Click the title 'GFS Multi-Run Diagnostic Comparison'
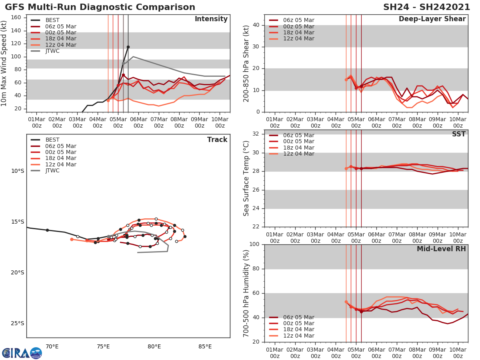pos(100,7)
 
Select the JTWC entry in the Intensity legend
pos(52,51)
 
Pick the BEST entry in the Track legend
pos(52,140)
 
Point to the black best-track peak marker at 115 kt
pos(128,47)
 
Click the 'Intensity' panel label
pos(211,19)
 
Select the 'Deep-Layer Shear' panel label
pos(432,19)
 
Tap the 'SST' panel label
pos(458,134)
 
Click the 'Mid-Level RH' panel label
pos(441,249)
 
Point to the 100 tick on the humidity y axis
pos(254,244)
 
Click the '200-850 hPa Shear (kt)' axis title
pos(247,63)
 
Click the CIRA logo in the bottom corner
pos(22,353)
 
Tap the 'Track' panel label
pos(217,140)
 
